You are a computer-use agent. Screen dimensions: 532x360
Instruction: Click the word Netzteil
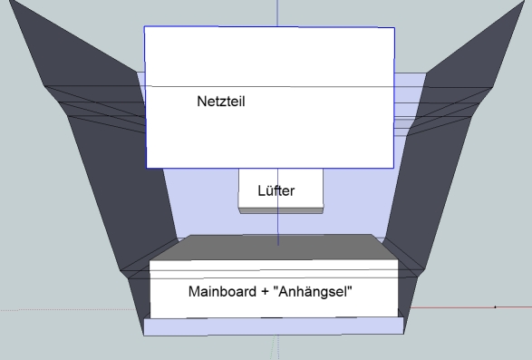(221, 102)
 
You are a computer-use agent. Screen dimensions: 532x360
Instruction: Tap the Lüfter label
(276, 190)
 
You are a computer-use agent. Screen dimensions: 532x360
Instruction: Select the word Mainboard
(222, 291)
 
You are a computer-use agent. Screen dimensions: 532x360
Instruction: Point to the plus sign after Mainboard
(265, 292)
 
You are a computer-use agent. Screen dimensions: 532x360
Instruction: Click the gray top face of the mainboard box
(273, 248)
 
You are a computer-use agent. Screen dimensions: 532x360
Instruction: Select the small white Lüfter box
(281, 190)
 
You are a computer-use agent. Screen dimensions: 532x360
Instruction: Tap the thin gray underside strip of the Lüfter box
(281, 211)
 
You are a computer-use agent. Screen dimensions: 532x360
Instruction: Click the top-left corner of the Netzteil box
(144, 26)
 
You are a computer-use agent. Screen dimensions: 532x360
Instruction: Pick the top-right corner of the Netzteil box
(394, 28)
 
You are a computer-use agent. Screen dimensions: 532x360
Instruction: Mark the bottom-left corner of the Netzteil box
(146, 168)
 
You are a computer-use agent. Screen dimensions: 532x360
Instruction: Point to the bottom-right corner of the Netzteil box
(393, 168)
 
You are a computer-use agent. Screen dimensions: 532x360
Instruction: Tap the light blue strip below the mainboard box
(274, 326)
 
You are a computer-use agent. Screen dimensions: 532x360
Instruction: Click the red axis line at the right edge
(471, 307)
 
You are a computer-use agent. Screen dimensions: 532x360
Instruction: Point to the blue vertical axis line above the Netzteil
(277, 13)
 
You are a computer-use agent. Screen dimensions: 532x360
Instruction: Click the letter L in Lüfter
(261, 190)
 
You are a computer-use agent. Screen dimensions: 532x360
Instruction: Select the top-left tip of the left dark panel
(9, 0)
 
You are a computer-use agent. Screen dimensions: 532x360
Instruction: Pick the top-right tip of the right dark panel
(525, 1)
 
